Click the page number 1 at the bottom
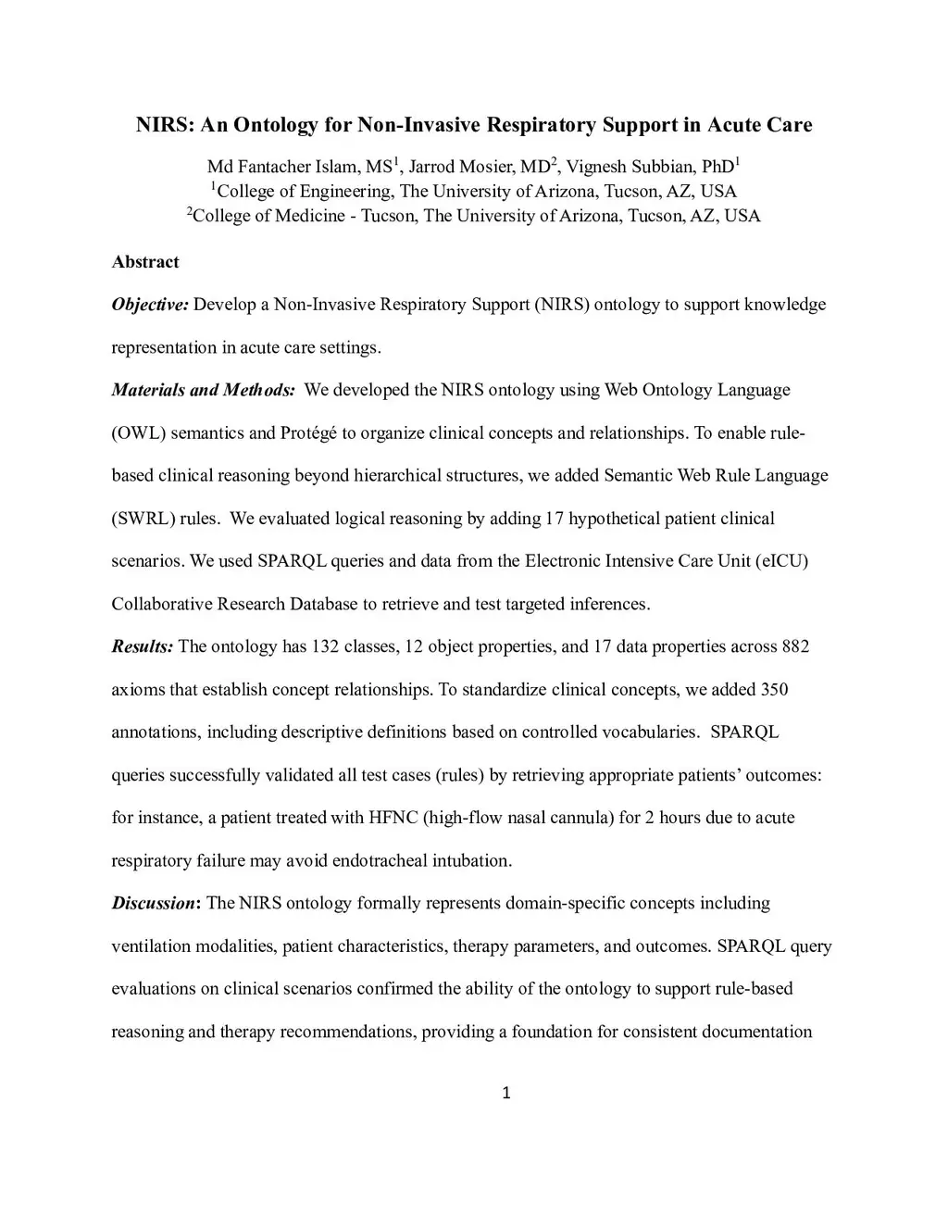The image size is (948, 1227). pyautogui.click(x=505, y=1093)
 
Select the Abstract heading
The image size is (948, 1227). pyautogui.click(x=145, y=262)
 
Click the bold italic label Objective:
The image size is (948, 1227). pyautogui.click(x=150, y=305)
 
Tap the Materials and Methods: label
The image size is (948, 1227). pyautogui.click(x=203, y=390)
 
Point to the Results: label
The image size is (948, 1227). pyautogui.click(x=142, y=646)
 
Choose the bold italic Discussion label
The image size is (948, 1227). pyautogui.click(x=153, y=903)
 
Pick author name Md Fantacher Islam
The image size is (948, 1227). pyautogui.click(x=282, y=167)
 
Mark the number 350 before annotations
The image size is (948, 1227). pyautogui.click(x=774, y=689)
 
